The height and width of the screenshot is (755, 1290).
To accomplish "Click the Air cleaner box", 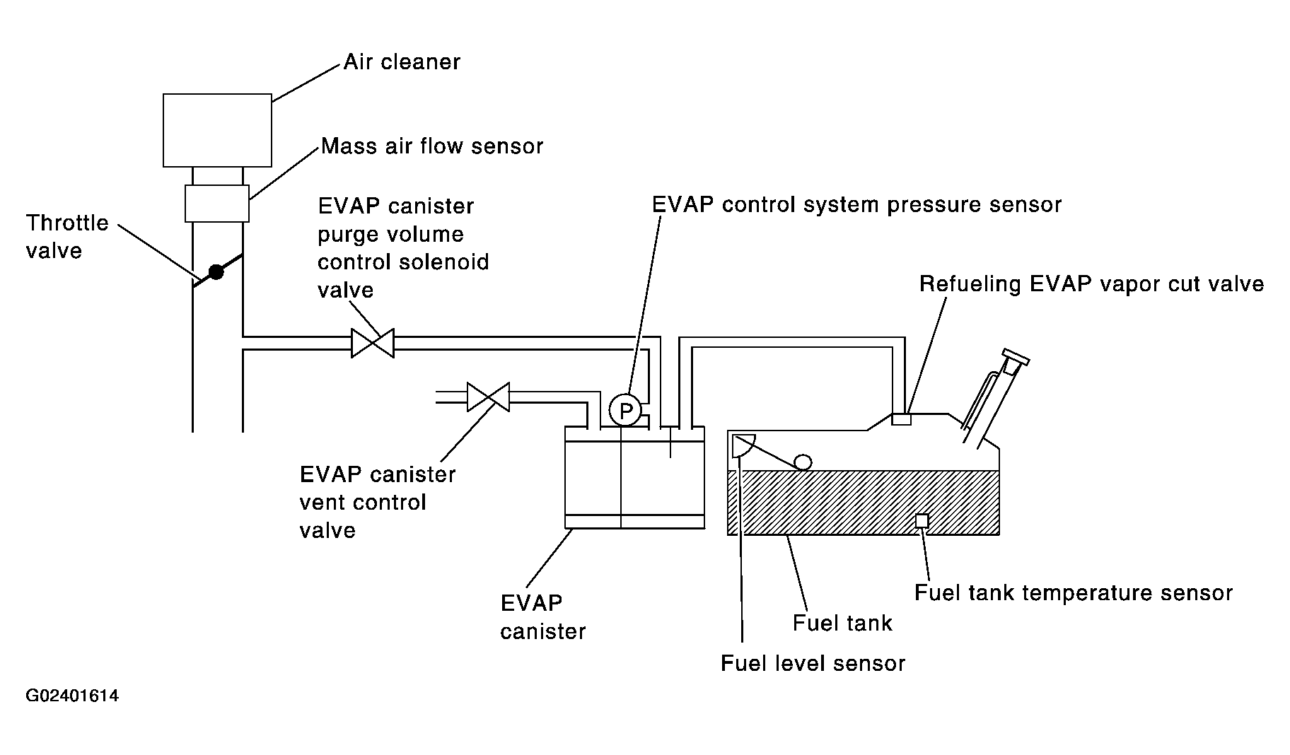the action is coord(217,130).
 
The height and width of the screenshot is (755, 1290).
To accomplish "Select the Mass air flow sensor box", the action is coord(217,204).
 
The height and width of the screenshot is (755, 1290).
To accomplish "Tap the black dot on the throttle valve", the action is coord(216,271).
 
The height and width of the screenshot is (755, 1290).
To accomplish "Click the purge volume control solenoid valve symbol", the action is coord(373,344).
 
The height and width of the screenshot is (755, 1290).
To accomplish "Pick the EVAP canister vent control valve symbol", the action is coord(488,397).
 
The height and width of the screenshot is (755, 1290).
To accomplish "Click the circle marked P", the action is coord(625,409).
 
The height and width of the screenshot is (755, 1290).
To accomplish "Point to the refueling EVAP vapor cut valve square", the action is coord(901,419).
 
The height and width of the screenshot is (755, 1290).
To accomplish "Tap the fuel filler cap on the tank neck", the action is coord(1016,361).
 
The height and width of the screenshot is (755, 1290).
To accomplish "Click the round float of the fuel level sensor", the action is coord(803,462).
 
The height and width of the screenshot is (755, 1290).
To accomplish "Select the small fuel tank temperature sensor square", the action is coord(922,520).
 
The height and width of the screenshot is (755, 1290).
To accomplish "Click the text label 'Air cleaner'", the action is coord(402,62).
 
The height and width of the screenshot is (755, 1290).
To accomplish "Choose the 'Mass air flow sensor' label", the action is coord(432,146).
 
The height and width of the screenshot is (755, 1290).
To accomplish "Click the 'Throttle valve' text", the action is coord(67,237).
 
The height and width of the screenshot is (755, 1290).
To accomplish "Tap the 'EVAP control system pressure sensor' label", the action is coord(856,205).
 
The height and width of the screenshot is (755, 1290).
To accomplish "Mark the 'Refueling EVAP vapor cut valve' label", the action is coord(1091,284).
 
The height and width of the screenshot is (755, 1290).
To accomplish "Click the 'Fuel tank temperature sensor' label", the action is coord(1074,592).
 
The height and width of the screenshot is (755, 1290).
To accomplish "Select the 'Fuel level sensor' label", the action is coord(813,663).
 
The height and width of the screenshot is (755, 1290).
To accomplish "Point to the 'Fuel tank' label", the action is coord(842,623).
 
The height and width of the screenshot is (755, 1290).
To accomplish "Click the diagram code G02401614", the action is coord(72,696).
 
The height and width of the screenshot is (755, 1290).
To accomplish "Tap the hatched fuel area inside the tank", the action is coord(864,503).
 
